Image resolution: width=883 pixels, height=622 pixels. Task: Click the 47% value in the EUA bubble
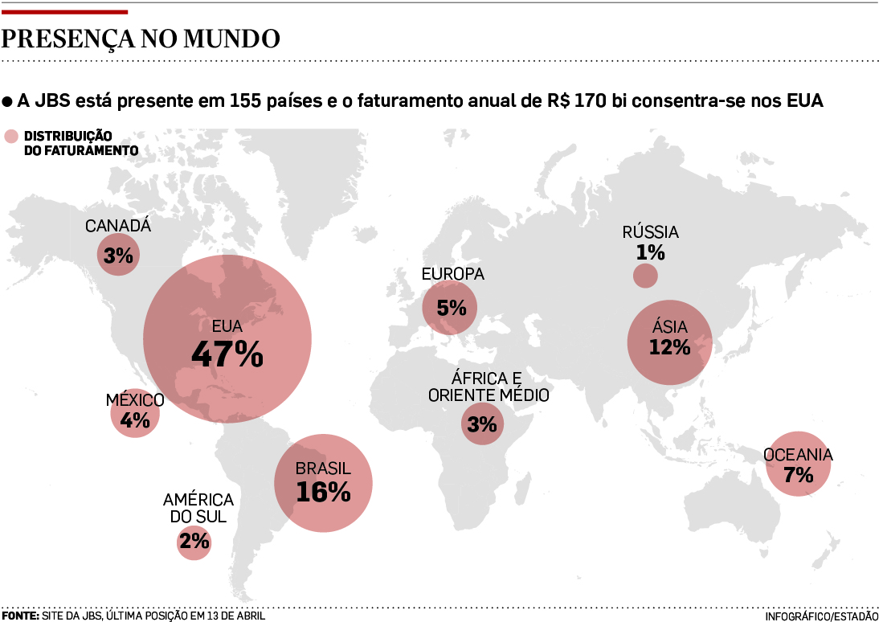click(x=227, y=354)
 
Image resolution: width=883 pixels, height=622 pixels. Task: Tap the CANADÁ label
click(x=118, y=226)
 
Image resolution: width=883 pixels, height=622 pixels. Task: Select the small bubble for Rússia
click(x=645, y=276)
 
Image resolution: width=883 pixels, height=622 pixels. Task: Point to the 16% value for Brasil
click(x=323, y=492)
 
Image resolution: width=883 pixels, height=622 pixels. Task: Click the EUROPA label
click(x=453, y=274)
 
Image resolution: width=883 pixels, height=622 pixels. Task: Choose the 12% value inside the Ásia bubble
click(x=670, y=347)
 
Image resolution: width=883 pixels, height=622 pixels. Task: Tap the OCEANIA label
click(x=798, y=456)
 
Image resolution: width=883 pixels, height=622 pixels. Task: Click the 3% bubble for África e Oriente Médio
click(x=482, y=423)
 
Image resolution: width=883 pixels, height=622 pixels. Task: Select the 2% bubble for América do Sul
click(x=194, y=542)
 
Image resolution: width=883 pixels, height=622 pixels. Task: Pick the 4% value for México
click(x=135, y=419)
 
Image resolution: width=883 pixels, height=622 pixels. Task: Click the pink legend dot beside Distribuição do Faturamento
click(x=10, y=136)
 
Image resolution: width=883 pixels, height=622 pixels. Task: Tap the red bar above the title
click(x=64, y=12)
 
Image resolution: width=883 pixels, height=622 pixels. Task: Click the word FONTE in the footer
click(x=20, y=616)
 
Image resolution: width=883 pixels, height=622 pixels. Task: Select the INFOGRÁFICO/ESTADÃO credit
click(x=821, y=616)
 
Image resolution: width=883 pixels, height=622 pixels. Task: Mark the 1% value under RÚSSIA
click(x=650, y=252)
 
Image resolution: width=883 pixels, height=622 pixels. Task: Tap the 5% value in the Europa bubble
click(x=452, y=307)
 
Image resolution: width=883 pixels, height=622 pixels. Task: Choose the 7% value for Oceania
click(x=798, y=475)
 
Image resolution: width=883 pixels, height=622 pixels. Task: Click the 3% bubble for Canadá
click(x=118, y=256)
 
